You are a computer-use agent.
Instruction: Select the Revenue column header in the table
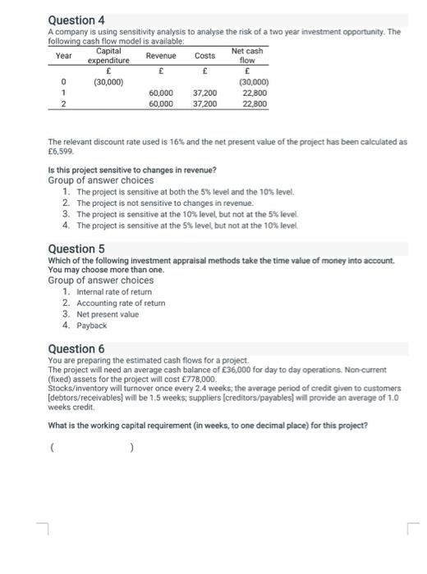(160, 56)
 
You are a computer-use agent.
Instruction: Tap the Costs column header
(204, 56)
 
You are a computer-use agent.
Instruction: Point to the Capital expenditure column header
(109, 56)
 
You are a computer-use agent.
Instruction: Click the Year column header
(63, 56)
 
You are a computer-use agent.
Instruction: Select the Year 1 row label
(63, 93)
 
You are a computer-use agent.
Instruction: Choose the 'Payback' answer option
(92, 326)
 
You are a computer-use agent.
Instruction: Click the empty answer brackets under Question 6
(90, 448)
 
